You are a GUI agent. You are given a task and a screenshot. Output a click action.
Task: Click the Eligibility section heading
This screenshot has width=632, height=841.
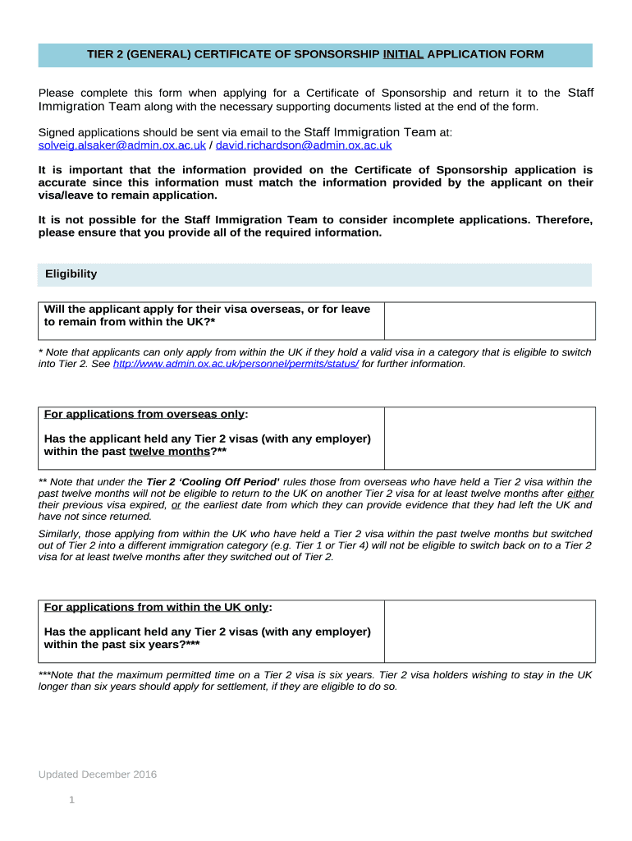coord(71,274)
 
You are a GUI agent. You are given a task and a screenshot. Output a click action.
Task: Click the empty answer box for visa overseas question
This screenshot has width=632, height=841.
coord(490,320)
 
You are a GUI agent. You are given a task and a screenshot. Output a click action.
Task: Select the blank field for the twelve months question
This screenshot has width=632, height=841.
coord(490,438)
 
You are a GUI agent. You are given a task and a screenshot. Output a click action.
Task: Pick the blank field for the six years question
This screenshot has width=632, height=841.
coord(490,631)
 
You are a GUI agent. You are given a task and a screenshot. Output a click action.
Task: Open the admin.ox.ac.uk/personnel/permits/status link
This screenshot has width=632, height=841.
coord(236,364)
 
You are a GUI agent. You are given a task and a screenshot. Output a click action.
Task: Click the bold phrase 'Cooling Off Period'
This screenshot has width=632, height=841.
coord(213,482)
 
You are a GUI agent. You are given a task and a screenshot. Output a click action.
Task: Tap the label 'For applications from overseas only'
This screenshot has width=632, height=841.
coord(144,414)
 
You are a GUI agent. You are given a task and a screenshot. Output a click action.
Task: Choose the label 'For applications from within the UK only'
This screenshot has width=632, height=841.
coord(157,608)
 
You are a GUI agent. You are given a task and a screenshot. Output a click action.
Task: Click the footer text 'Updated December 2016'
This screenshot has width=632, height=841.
coord(98,774)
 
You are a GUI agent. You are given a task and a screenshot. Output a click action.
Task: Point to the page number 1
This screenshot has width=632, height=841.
coord(72,799)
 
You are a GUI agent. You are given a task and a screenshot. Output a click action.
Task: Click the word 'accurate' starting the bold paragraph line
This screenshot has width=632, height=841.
coord(63,182)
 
